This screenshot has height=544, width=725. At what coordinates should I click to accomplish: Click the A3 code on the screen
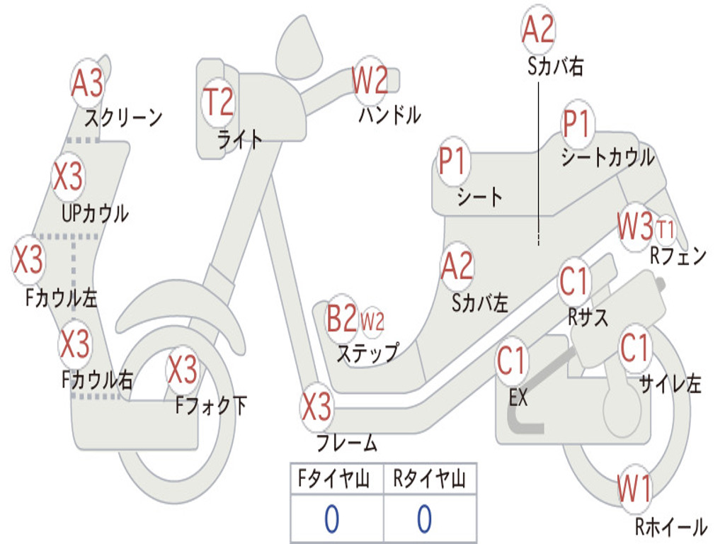click(87, 84)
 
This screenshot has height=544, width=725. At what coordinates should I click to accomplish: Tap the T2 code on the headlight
click(218, 102)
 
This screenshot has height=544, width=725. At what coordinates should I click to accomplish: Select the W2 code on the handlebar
click(370, 80)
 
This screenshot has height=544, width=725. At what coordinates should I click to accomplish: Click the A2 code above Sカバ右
click(538, 28)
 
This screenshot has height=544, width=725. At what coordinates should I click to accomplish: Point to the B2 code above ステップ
click(342, 318)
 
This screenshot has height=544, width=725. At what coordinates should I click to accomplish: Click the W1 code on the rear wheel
click(634, 489)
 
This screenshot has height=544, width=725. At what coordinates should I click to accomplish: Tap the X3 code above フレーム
click(316, 407)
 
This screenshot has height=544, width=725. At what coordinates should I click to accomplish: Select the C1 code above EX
click(511, 361)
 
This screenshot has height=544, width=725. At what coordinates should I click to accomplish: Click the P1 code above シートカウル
click(577, 123)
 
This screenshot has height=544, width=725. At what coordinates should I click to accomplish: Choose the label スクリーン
click(123, 118)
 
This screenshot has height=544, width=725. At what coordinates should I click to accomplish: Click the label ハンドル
click(390, 115)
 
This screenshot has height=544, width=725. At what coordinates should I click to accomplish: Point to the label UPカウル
click(96, 214)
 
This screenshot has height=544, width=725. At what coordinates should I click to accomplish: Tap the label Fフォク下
click(211, 406)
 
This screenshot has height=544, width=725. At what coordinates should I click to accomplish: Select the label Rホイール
click(671, 526)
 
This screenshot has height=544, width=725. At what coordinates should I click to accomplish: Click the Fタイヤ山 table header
click(334, 479)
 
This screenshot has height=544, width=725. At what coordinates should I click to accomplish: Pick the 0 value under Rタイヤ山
click(425, 518)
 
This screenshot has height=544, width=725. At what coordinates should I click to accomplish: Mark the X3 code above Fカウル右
click(75, 344)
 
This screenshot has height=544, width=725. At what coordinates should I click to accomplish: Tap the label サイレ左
click(670, 383)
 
